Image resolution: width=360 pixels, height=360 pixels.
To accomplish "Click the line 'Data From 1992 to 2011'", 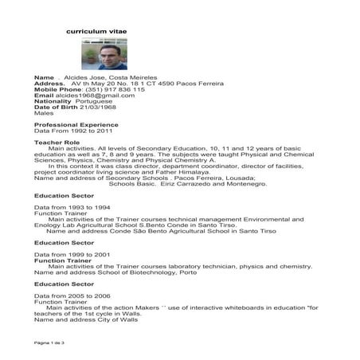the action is coord(67,131).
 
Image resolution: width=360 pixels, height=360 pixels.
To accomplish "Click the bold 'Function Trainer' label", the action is coord(62,259).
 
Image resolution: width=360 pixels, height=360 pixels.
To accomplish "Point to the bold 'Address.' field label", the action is coord(49,83).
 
